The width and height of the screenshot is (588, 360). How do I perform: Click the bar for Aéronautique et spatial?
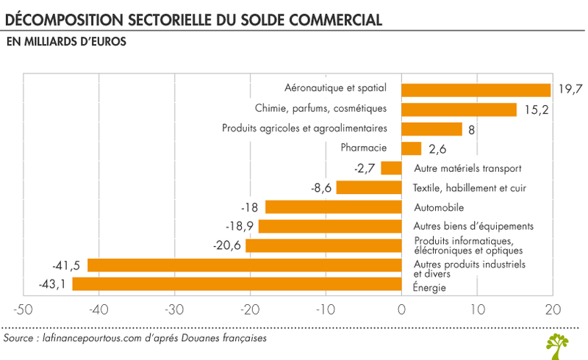click(476, 90)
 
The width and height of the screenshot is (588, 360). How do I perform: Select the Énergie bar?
click(236, 284)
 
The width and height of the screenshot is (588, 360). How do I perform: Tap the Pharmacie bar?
click(411, 148)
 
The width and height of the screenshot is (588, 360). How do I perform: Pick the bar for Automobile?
click(333, 207)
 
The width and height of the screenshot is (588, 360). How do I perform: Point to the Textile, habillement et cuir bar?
click(368, 187)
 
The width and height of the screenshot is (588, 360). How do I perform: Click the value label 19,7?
click(570, 90)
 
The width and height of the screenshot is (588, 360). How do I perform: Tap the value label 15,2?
click(537, 109)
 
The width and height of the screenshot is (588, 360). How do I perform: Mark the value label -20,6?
click(227, 245)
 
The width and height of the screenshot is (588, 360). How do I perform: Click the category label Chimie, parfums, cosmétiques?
click(320, 109)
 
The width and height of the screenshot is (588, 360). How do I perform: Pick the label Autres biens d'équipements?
click(473, 226)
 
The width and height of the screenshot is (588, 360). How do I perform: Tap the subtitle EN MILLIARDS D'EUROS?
click(65, 42)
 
